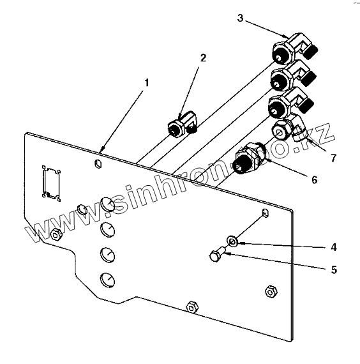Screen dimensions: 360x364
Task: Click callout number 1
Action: tap(146, 83)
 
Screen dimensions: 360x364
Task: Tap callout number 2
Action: tap(203, 58)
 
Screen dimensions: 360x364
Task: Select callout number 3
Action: tap(240, 18)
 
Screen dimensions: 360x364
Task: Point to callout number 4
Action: tap(334, 247)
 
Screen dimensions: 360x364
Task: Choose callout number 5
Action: tap(334, 269)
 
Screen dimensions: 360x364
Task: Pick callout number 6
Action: tap(314, 179)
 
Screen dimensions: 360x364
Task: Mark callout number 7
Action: tap(333, 158)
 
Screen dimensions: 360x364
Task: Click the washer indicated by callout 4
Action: tap(232, 241)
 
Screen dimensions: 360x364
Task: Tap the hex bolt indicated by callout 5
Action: tap(217, 255)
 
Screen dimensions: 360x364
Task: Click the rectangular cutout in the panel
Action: tap(51, 183)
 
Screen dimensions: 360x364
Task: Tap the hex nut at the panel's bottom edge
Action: tap(192, 308)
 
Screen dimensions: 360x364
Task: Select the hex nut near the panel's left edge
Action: tap(56, 235)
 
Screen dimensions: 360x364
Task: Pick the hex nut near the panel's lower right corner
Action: tap(271, 292)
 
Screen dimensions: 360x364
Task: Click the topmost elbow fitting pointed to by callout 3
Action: tap(294, 49)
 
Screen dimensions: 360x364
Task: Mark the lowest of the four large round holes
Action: tap(107, 280)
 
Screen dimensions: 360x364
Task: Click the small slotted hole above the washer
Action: tap(266, 213)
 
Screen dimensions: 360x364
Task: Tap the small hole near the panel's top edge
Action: tap(98, 164)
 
